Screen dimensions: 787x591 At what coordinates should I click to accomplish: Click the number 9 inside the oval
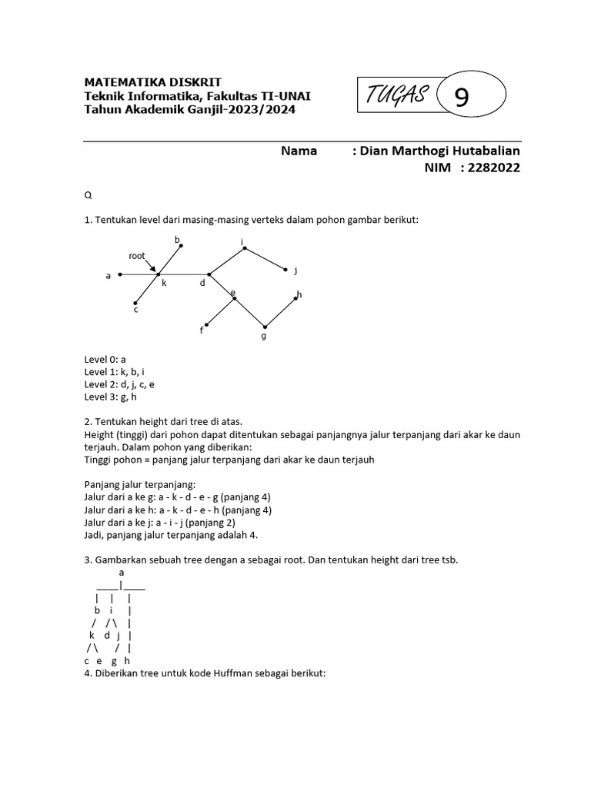point(461,98)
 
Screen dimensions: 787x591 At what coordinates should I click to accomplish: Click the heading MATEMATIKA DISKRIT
point(152,82)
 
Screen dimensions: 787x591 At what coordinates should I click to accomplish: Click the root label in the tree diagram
point(137,256)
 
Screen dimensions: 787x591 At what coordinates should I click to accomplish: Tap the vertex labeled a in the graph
point(120,274)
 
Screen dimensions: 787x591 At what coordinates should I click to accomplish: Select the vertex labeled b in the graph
point(181,246)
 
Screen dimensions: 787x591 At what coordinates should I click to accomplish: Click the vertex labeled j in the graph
point(286,270)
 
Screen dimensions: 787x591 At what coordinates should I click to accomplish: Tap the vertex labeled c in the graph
point(135,302)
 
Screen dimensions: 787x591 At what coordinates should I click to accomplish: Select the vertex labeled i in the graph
point(242,248)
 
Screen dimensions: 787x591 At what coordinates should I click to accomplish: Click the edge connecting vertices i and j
point(264,259)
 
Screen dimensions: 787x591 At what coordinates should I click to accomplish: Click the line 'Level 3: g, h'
point(112,397)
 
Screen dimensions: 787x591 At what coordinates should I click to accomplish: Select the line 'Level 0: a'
point(105,358)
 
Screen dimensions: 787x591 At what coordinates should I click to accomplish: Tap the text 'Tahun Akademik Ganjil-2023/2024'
point(189,109)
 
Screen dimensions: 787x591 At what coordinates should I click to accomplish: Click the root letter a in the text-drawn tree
point(122,573)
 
